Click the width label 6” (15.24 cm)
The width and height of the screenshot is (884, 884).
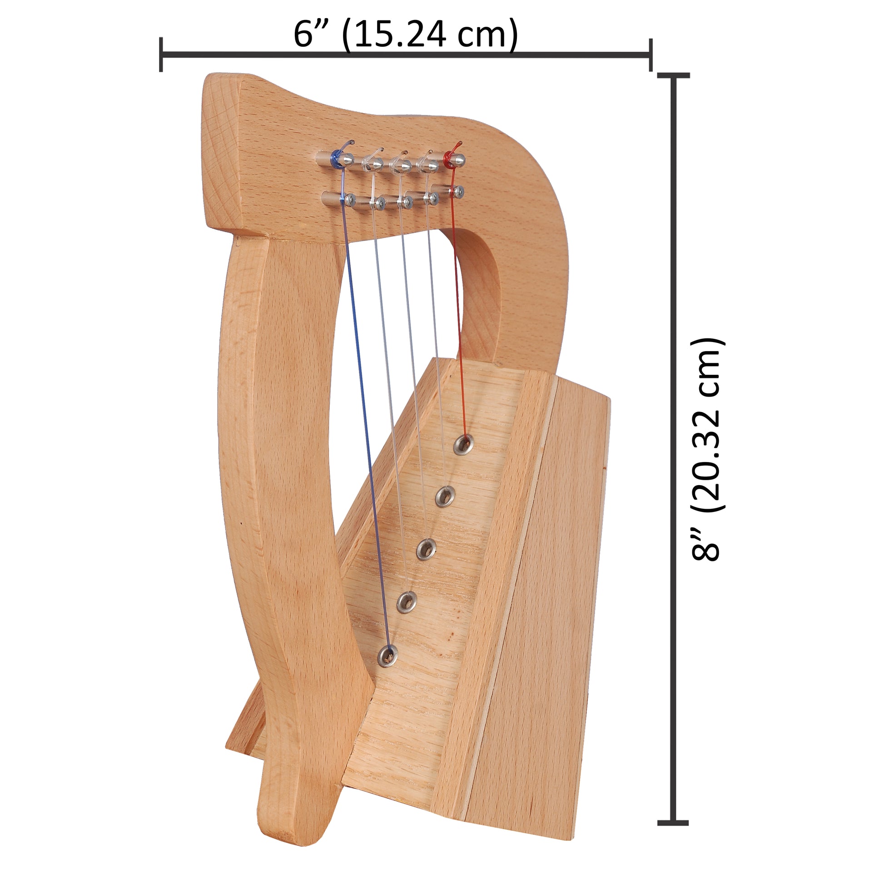[405, 35]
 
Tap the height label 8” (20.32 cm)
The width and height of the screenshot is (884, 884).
[706, 450]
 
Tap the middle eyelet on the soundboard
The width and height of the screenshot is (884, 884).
[427, 549]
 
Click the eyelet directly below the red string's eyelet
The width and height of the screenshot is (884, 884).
[445, 496]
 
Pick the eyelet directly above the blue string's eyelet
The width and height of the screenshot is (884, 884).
[406, 602]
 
